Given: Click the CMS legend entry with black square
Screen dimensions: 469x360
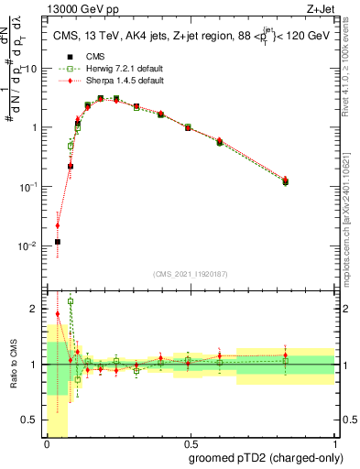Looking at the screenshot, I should pyautogui.click(x=82, y=56).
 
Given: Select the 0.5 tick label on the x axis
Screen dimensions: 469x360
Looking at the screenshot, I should pyautogui.click(x=189, y=444).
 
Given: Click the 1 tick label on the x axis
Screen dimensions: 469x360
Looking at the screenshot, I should pyautogui.click(x=333, y=444).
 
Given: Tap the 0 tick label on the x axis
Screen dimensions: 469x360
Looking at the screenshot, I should pyautogui.click(x=46, y=444).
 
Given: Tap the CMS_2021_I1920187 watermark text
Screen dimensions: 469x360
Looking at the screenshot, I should pyautogui.click(x=189, y=274).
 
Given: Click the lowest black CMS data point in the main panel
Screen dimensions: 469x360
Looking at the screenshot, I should pyautogui.click(x=58, y=242).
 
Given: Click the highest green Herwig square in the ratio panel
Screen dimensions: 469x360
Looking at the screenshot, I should pyautogui.click(x=71, y=301).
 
